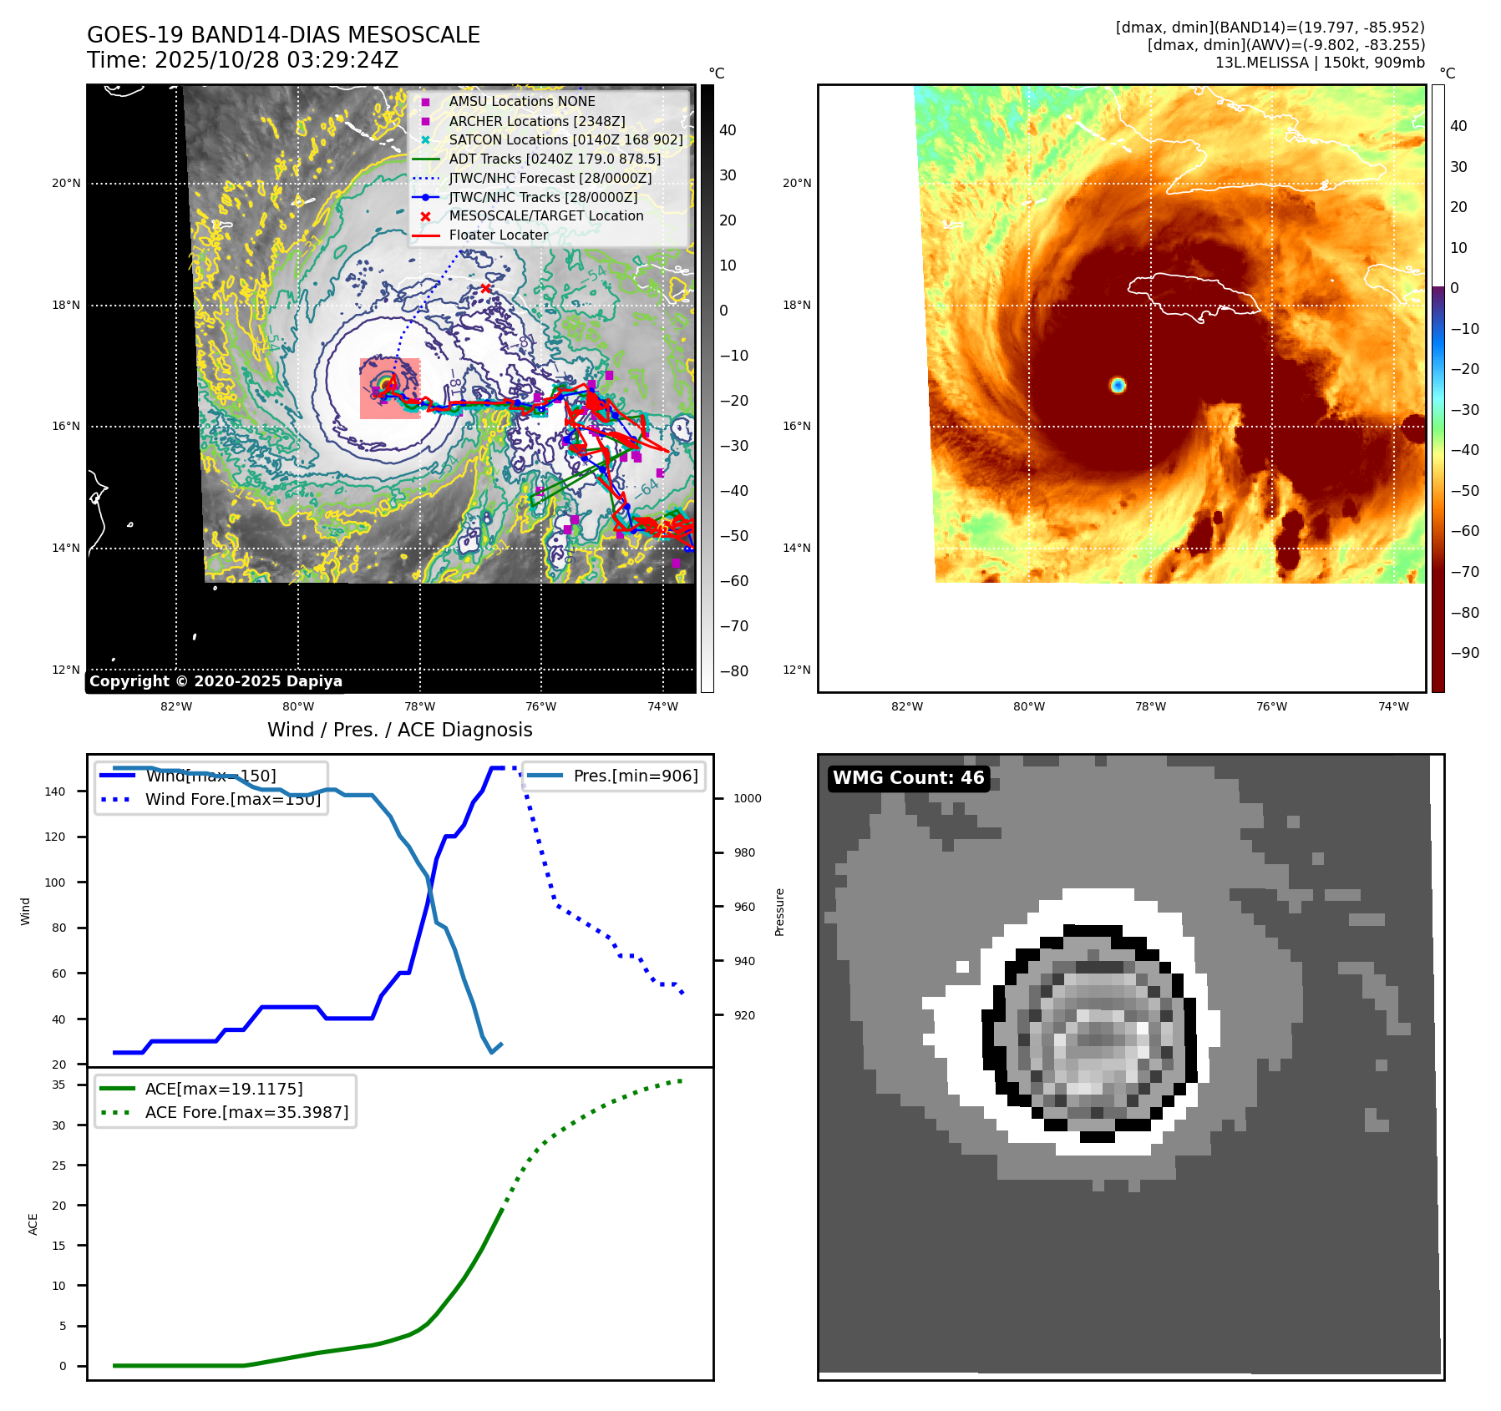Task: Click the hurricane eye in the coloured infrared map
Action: click(1118, 385)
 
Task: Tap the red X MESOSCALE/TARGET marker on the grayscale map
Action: click(485, 288)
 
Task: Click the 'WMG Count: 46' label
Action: click(908, 778)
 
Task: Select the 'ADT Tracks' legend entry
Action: click(555, 159)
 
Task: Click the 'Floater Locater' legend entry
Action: click(498, 235)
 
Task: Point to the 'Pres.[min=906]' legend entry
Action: click(635, 776)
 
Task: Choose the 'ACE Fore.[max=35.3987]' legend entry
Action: click(246, 1112)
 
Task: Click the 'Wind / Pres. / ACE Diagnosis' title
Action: click(399, 730)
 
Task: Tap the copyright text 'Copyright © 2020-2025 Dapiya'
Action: click(216, 681)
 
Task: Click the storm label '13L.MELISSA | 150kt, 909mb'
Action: click(1320, 63)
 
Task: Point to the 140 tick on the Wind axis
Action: click(55, 791)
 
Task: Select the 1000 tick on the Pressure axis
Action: click(747, 798)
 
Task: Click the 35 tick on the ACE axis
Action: click(58, 1085)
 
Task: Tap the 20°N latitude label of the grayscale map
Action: click(67, 183)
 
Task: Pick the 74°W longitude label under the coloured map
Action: click(1392, 706)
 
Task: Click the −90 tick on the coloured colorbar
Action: click(1464, 653)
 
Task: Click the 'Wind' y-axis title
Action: click(26, 911)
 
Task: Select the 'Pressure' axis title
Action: click(779, 912)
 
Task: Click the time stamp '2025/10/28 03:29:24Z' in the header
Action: click(276, 60)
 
